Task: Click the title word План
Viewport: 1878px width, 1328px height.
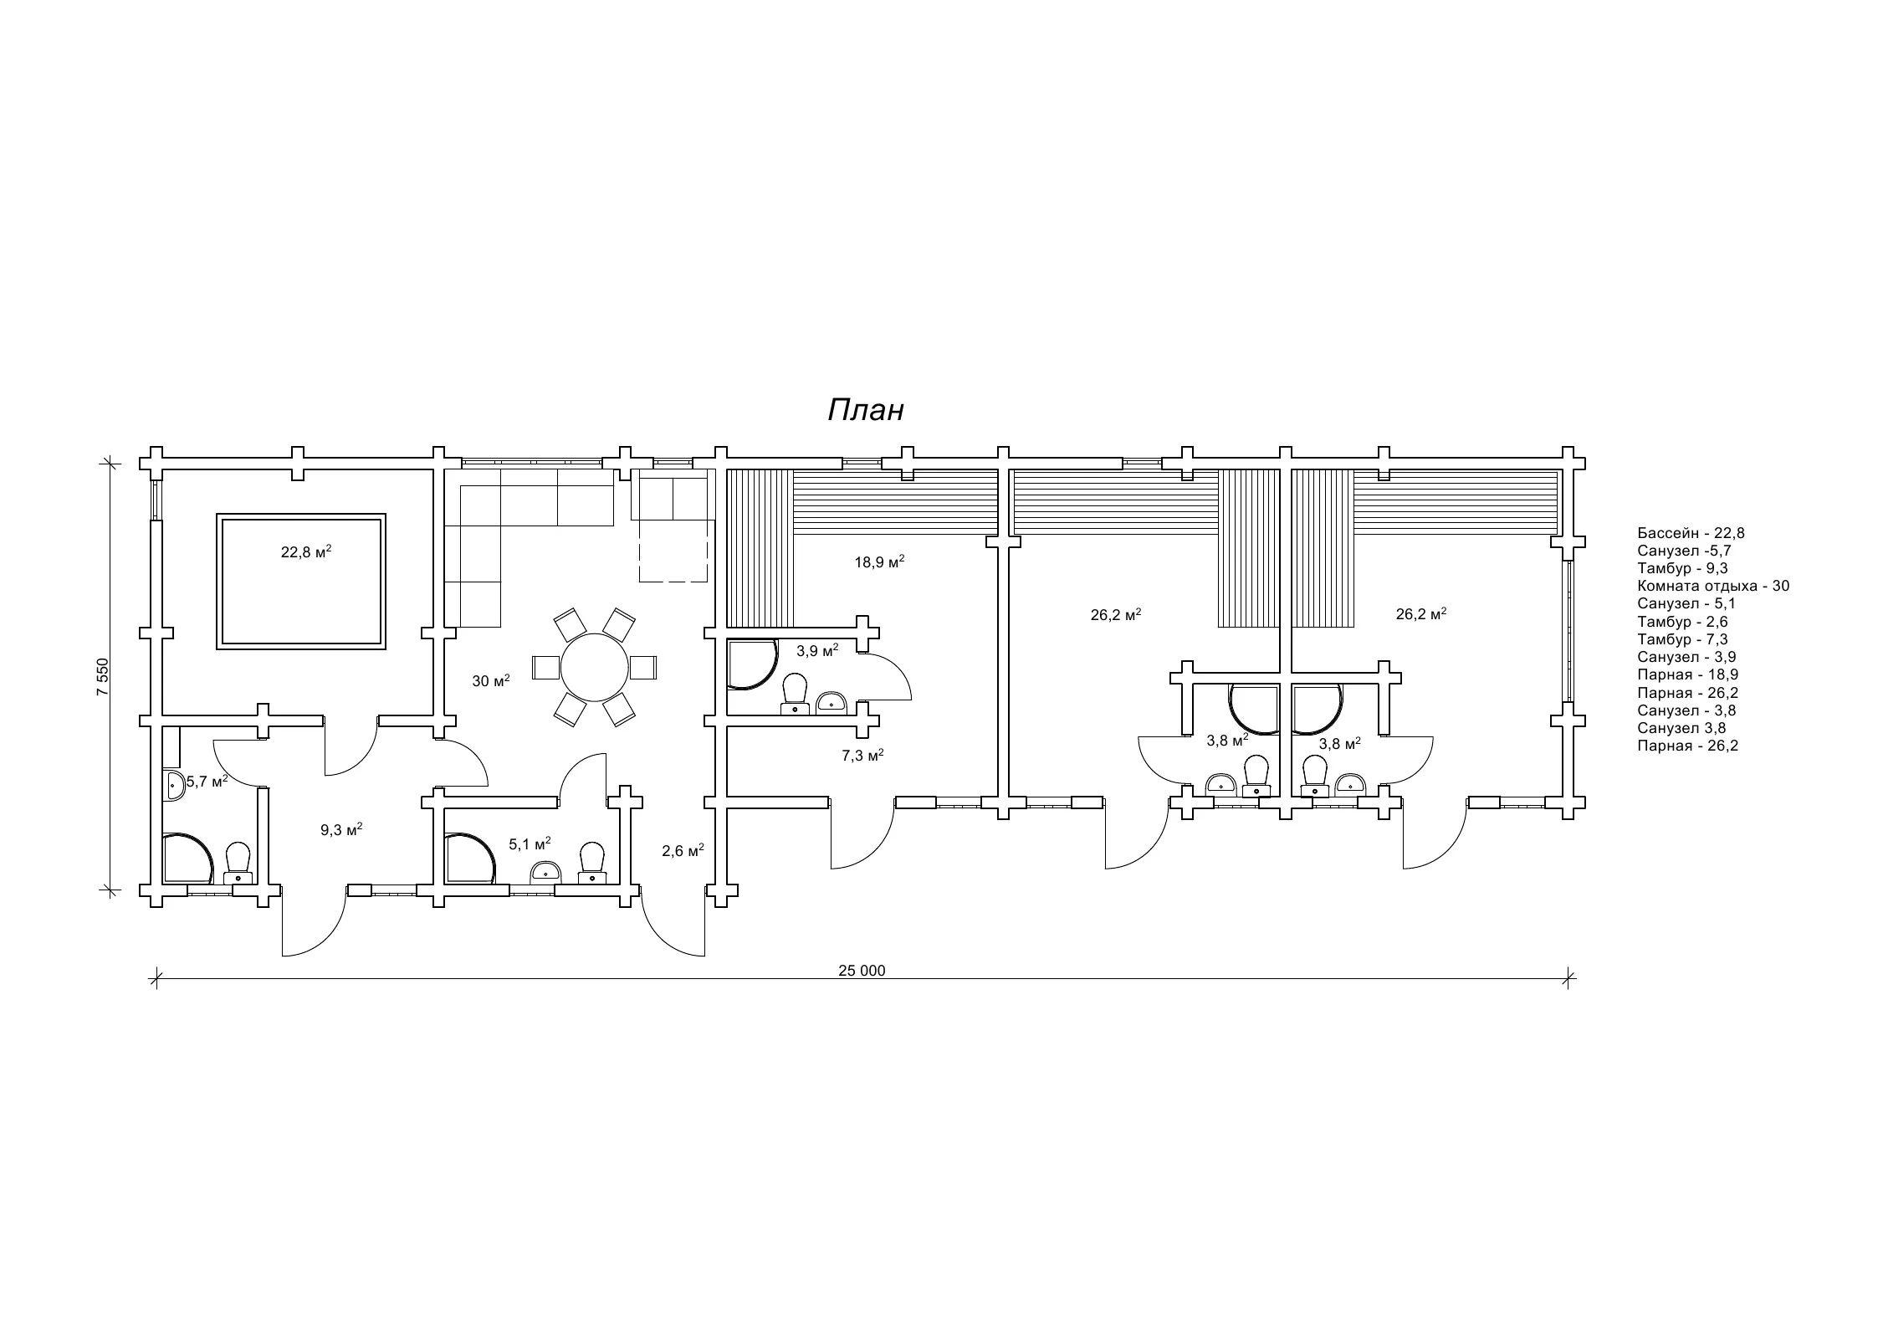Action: [866, 410]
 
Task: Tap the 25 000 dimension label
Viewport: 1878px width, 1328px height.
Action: [862, 971]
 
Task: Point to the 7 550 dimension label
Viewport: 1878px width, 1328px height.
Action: [102, 677]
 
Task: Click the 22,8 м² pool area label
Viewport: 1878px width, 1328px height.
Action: [306, 551]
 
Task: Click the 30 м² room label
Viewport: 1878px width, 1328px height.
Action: [491, 680]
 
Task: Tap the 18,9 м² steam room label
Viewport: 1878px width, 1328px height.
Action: [879, 562]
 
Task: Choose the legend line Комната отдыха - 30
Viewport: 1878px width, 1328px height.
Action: [1713, 586]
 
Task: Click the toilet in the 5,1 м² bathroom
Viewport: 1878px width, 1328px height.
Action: [592, 863]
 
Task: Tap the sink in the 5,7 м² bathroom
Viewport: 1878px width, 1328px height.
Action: [172, 785]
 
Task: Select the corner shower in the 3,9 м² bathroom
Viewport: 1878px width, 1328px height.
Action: [750, 664]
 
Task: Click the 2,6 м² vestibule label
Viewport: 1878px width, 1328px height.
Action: [683, 851]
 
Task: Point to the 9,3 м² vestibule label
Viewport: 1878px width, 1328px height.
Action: [341, 830]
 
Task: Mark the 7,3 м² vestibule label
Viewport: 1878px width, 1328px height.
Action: [863, 756]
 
